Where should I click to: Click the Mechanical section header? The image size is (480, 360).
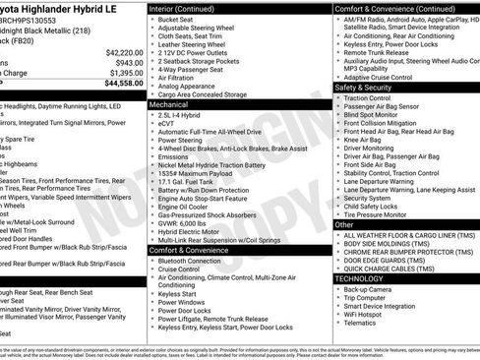coord(169,103)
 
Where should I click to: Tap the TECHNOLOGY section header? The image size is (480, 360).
coord(360,278)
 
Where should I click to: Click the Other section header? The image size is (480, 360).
coord(344,225)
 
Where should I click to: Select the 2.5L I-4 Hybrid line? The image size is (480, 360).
coord(183,115)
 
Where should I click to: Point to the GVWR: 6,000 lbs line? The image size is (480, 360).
coord(182,223)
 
